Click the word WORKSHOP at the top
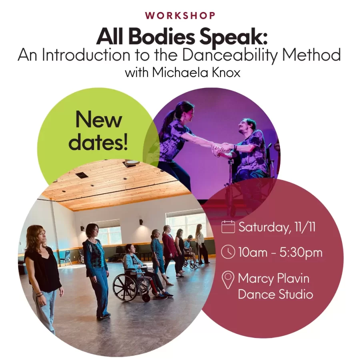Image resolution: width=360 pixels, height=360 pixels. click(180, 16)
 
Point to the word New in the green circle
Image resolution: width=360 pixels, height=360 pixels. click(99, 120)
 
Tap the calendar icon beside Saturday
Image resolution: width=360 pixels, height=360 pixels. click(228, 227)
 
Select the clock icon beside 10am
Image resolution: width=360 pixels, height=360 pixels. click(228, 252)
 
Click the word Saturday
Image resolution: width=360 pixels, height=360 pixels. click(262, 227)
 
